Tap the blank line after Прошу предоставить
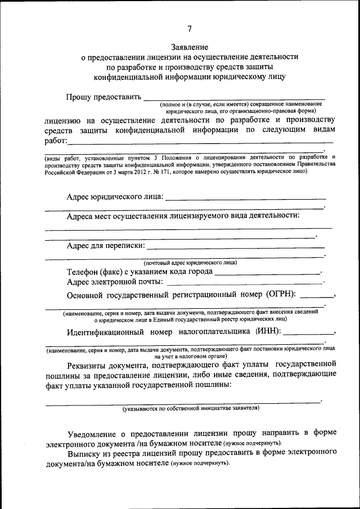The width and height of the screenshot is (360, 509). tap(234, 98)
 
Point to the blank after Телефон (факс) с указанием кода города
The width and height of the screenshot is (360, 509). tap(267, 272)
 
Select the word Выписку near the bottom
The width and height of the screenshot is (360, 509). tap(83, 453)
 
